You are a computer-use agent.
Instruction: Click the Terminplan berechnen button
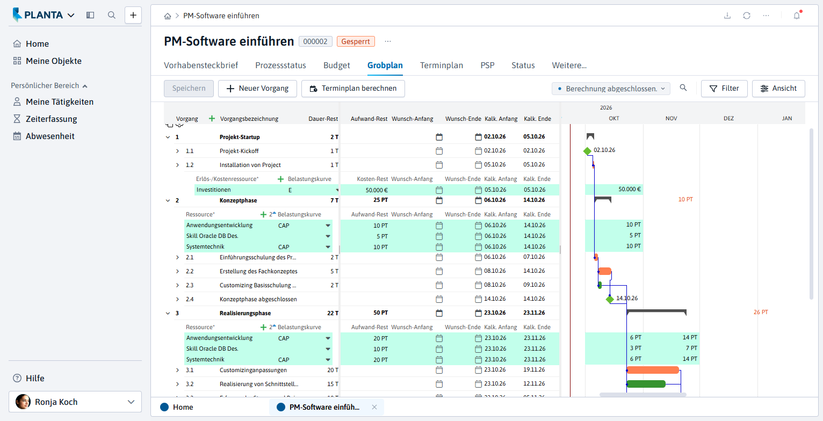coord(353,89)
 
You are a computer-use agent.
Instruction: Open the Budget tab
coord(336,66)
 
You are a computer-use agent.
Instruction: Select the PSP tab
coord(487,66)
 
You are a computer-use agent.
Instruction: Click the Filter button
coord(724,89)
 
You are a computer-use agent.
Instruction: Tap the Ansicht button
coord(778,89)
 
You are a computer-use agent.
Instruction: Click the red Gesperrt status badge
coord(356,41)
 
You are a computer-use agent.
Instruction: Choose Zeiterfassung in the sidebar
coord(52,119)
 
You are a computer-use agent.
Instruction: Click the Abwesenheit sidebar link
coord(50,136)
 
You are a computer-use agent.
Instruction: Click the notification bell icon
coord(797,16)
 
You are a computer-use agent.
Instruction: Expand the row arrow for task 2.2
coord(177,272)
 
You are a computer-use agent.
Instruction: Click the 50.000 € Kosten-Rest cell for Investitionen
coord(377,190)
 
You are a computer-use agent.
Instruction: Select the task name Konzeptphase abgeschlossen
coord(258,299)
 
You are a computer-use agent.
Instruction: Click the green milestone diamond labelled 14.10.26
coord(610,299)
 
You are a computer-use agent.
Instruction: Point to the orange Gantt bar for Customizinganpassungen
coord(653,370)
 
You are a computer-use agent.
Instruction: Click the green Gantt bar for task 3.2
coord(646,384)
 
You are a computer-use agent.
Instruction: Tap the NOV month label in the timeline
coord(672,118)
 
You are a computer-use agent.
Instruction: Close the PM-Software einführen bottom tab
coord(374,407)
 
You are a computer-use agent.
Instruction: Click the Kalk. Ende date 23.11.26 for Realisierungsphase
coord(534,313)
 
